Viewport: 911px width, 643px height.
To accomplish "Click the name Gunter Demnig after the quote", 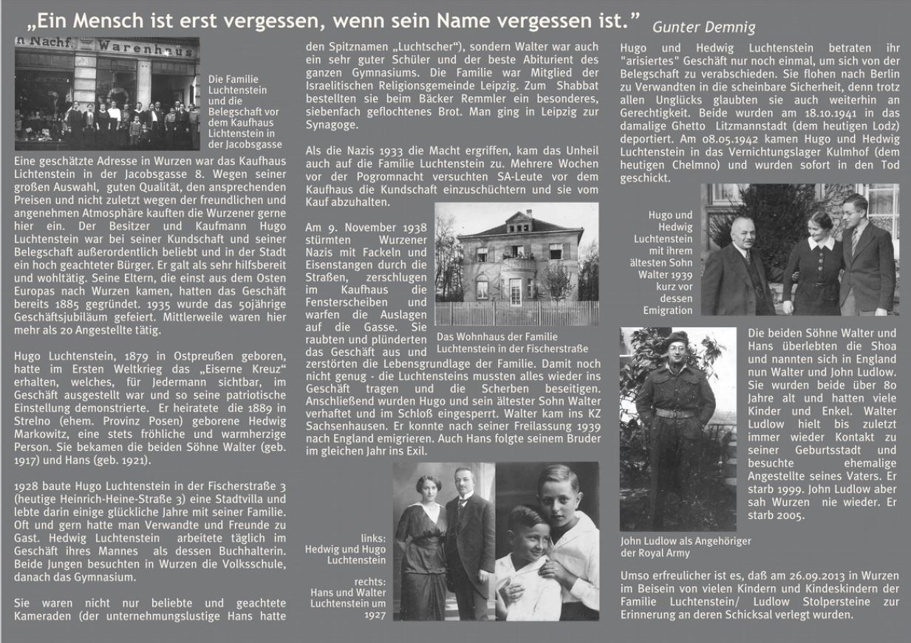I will coord(703,28).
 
